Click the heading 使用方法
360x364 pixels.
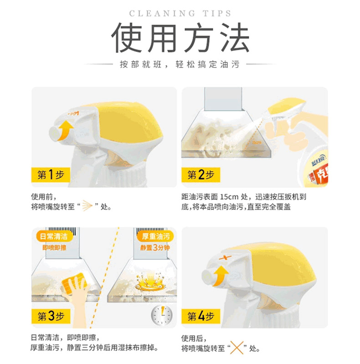point(180,37)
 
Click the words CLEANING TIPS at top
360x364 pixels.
point(180,14)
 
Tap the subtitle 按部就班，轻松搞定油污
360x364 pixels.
point(180,64)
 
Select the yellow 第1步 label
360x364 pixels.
point(51,175)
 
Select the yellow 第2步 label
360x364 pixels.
point(201,175)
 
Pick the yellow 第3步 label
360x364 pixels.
point(51,316)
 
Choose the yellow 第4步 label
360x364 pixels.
point(201,316)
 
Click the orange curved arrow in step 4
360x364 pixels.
point(220,276)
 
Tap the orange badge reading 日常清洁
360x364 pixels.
point(54,237)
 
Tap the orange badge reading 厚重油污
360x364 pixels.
point(156,237)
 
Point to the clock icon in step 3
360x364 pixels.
point(162,315)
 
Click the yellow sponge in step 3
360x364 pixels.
point(74,283)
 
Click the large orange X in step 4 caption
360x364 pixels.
point(237,348)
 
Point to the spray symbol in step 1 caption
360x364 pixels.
point(87,205)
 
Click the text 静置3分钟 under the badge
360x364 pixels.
point(155,248)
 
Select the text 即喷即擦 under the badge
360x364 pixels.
point(54,248)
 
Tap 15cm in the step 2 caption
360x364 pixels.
point(229,197)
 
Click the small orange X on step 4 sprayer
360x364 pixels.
point(225,258)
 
